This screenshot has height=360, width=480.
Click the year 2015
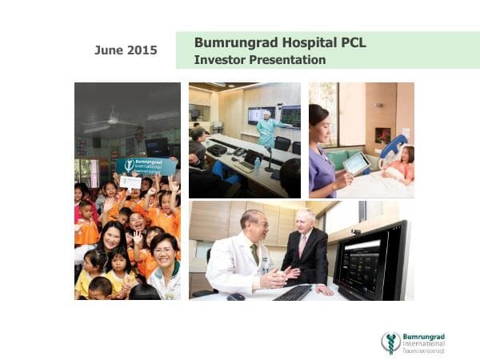(x=141, y=50)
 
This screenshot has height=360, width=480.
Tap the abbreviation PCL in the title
(x=350, y=42)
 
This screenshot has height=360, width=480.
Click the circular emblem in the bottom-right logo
(x=390, y=342)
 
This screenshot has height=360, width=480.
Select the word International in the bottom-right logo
(x=424, y=343)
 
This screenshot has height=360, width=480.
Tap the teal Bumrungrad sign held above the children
(x=146, y=166)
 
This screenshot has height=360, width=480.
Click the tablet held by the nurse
(x=355, y=162)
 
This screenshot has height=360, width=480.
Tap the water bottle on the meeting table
(x=256, y=164)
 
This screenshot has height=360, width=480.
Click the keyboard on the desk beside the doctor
(x=292, y=293)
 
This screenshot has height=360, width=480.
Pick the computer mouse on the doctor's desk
(x=235, y=297)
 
